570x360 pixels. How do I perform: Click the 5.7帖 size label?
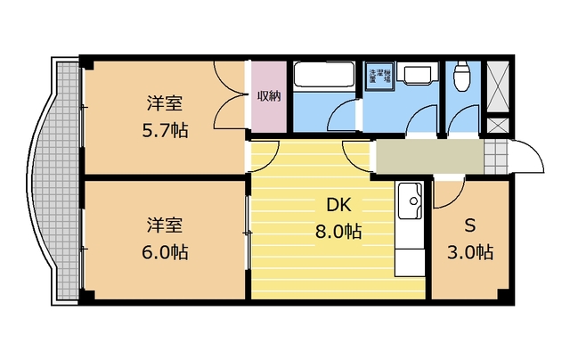click(x=167, y=130)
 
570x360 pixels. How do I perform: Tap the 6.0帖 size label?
click(x=167, y=251)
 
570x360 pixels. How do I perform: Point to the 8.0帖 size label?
click(x=338, y=232)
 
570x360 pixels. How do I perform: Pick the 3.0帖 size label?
click(x=470, y=251)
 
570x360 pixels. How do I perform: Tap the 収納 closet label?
click(x=269, y=96)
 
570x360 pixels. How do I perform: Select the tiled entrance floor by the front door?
click(x=494, y=157)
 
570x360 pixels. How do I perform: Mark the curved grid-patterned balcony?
click(x=55, y=183)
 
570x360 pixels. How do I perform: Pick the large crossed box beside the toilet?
click(x=497, y=87)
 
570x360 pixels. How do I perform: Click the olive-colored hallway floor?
click(x=427, y=157)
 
